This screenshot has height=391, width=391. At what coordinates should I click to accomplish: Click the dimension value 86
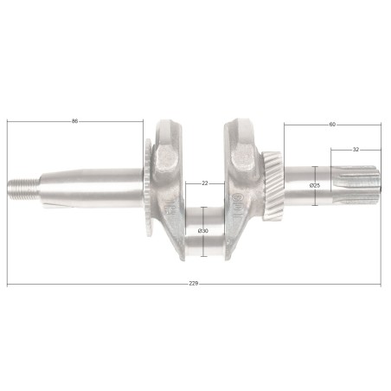[x=75, y=121]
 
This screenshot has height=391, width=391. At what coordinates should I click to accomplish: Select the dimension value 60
[x=332, y=125]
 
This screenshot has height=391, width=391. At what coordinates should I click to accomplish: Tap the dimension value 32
[x=355, y=150]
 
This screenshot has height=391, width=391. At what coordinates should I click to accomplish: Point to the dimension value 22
[x=204, y=183]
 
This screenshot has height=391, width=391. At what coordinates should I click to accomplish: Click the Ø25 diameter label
[x=316, y=185]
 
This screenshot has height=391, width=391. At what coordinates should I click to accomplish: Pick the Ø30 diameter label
[x=202, y=231]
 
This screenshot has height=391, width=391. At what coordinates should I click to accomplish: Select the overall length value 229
[x=192, y=285]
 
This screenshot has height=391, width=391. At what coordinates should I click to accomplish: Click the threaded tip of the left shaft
[x=20, y=186]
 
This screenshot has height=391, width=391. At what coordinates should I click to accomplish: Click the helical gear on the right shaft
[x=272, y=184]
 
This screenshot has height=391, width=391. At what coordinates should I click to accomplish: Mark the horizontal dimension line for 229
[x=104, y=285]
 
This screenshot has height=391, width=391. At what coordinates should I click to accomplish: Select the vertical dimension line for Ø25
[x=316, y=199]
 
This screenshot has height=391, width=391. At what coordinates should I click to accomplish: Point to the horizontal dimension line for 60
[x=307, y=125]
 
